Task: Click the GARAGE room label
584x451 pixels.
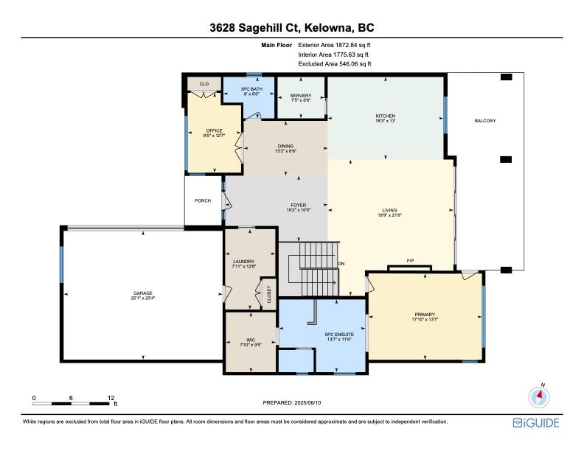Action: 143,293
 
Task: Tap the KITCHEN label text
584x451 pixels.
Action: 386,116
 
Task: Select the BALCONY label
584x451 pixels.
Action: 485,121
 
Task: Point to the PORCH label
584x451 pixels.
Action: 203,200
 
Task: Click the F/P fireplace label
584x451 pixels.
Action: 410,261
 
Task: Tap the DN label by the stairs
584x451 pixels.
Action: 341,264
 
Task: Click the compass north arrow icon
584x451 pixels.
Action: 539,396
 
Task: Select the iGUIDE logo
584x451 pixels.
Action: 536,423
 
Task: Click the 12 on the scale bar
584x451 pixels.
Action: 111,398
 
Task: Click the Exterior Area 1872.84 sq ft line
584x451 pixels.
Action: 334,45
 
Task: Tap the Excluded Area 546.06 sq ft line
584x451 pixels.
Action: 335,63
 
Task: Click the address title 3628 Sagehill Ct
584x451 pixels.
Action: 256,28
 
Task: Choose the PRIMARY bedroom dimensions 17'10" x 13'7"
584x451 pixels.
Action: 425,319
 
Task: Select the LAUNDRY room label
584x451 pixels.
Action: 243,261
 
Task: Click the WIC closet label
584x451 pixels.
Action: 251,340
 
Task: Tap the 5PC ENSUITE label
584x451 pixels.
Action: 339,335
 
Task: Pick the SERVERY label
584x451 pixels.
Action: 301,96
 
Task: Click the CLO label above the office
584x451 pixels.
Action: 204,84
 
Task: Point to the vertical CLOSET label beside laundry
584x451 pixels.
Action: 269,294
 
